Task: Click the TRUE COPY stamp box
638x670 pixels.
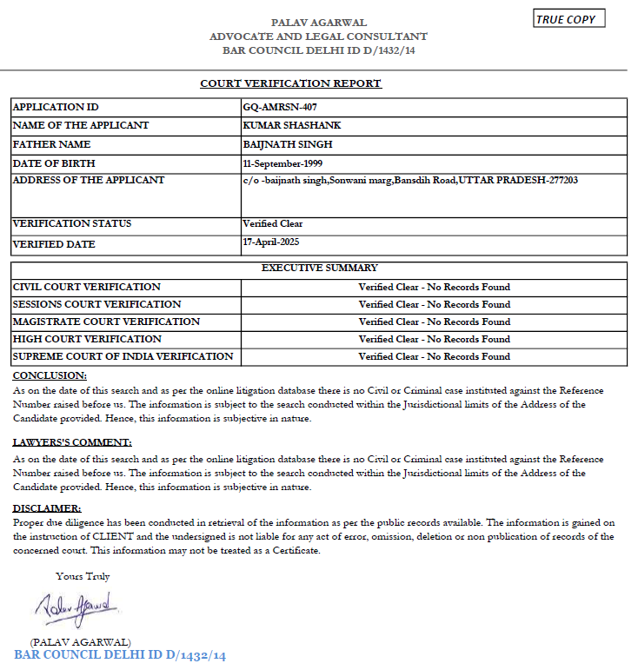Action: coord(568,19)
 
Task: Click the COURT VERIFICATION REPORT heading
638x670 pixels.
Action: coord(290,83)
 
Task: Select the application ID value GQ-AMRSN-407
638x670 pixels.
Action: coord(279,107)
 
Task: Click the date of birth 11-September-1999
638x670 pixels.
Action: coord(285,163)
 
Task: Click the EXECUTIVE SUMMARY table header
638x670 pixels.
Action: coord(319,269)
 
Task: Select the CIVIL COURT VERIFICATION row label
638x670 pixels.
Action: coord(87,287)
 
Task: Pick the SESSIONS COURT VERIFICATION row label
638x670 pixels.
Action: coord(97,304)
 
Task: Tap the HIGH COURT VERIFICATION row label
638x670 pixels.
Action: coord(87,339)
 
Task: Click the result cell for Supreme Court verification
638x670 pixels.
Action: coord(434,356)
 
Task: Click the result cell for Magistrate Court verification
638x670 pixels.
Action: coord(434,322)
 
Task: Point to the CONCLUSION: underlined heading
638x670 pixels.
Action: coord(50,375)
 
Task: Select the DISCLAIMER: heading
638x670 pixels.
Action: coord(48,508)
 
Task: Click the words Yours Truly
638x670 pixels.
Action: coord(83,576)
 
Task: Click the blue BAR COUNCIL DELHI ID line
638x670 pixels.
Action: coord(120,655)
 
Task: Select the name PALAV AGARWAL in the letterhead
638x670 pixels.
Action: coord(318,23)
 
